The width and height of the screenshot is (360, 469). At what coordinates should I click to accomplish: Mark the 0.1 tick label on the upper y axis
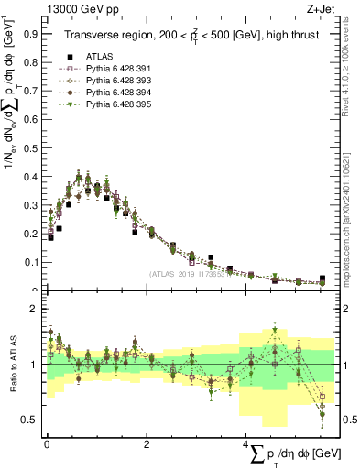[x=29, y=263]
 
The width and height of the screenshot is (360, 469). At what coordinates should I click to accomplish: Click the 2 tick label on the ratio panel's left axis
[x=33, y=309]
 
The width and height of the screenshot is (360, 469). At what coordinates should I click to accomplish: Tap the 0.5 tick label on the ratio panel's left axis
[x=29, y=420]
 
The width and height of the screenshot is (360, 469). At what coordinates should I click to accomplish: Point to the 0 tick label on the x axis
[x=46, y=444]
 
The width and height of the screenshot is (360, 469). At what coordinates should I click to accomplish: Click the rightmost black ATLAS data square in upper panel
[x=322, y=278]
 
